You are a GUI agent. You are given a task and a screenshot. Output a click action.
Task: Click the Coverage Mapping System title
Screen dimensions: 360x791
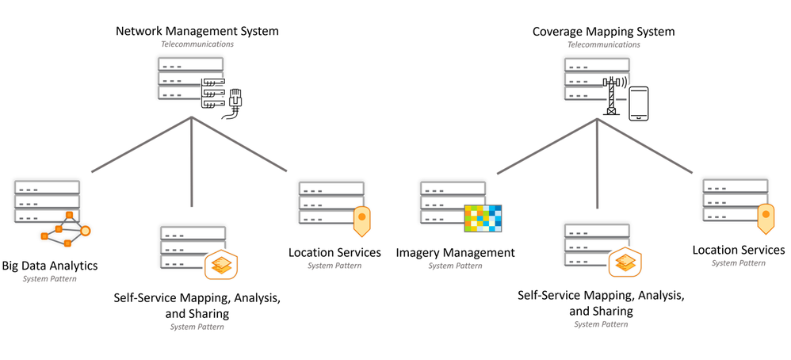coord(603,32)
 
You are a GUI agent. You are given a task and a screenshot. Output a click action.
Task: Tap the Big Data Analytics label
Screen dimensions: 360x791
coord(50,265)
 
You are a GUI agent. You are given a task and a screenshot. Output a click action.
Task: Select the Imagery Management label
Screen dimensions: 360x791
coord(455,253)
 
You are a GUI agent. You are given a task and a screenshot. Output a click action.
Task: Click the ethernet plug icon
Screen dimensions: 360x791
coord(235,101)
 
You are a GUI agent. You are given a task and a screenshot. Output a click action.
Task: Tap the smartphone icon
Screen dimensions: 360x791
coord(639,104)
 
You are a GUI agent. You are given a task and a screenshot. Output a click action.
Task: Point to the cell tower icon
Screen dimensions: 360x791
coord(612,95)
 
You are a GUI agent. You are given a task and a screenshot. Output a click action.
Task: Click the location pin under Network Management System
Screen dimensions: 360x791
coord(361,218)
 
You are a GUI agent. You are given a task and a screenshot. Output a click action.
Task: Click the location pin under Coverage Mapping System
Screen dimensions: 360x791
coord(765,216)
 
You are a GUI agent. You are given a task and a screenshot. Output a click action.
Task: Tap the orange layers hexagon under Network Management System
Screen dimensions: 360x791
coord(221,266)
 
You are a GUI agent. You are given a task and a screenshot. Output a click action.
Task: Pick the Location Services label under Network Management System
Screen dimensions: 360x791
coord(334,253)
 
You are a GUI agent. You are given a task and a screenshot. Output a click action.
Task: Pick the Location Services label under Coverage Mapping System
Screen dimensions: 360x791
coord(739,251)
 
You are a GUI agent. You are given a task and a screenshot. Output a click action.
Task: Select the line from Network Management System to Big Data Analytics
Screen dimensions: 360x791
coord(141,144)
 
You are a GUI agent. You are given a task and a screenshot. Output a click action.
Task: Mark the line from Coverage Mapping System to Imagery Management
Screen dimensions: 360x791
coord(547,146)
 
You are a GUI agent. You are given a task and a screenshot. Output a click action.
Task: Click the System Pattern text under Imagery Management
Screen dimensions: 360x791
coord(455,266)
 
